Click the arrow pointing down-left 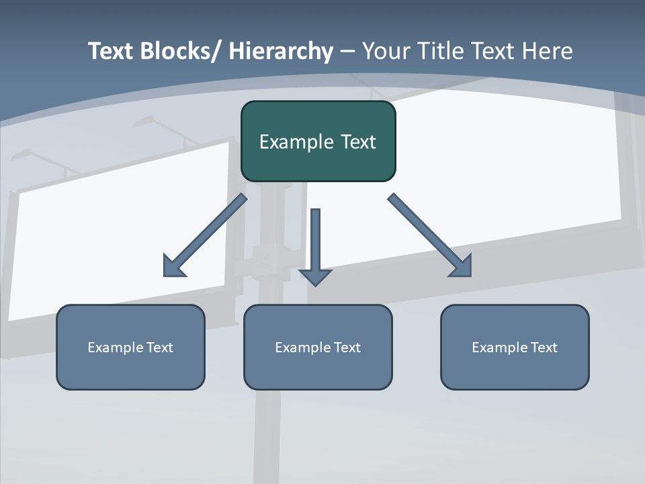pyautogui.click(x=206, y=235)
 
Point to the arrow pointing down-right pyautogui.click(x=429, y=235)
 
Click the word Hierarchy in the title pyautogui.click(x=281, y=51)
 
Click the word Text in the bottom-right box pyautogui.click(x=544, y=348)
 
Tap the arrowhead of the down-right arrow pyautogui.click(x=462, y=267)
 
